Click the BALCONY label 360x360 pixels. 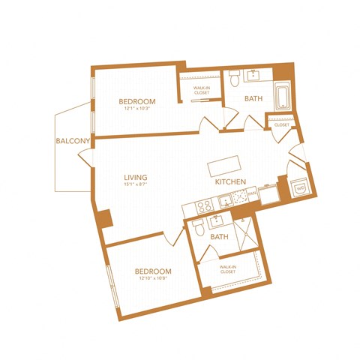click(73, 140)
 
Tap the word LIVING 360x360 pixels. click(136, 178)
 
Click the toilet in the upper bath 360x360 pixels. click(235, 78)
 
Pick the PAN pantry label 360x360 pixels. click(252, 193)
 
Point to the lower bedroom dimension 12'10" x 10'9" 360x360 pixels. click(152, 279)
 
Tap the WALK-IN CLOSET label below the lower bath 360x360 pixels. click(228, 269)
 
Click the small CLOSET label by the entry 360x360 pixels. click(282, 124)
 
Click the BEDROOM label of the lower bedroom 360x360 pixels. click(153, 271)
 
